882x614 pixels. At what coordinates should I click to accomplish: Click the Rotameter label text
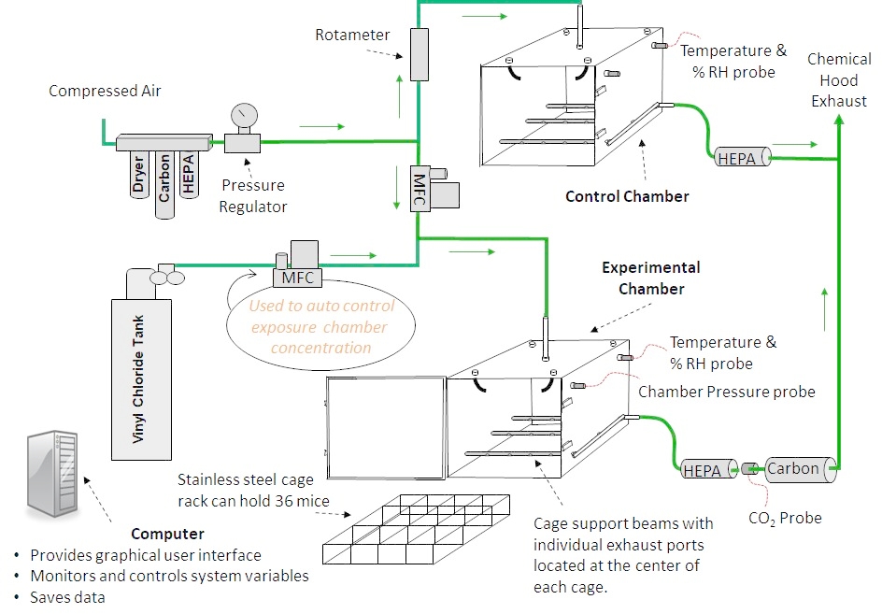(352, 35)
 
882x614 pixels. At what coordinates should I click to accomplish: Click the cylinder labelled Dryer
(138, 178)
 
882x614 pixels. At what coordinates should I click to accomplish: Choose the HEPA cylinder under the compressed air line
(190, 175)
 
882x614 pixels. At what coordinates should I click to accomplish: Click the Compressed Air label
(105, 91)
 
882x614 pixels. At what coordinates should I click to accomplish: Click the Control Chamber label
(627, 196)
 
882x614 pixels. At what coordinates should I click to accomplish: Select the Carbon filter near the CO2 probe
(800, 469)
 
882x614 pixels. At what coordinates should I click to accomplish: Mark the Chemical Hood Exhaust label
(838, 79)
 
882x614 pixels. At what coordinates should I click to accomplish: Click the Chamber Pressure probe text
(726, 392)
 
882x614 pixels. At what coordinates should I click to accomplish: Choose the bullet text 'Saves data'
(67, 597)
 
